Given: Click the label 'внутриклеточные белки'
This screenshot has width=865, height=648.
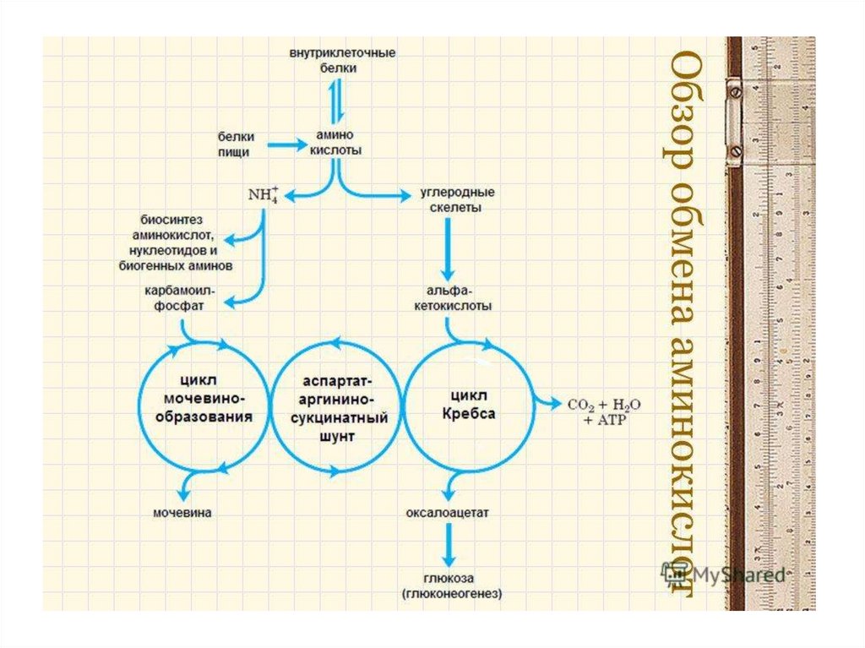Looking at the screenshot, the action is pos(342,60).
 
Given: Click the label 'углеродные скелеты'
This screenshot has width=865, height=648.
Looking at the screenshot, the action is pos(457,199).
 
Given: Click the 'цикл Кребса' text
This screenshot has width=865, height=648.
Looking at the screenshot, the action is pos(469,406).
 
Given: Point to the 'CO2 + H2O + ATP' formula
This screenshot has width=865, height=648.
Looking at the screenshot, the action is pos(604,409).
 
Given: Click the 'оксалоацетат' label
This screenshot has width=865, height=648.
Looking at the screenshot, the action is pos(448,512).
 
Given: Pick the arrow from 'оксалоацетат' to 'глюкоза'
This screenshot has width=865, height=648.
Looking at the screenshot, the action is pos(449,545).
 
